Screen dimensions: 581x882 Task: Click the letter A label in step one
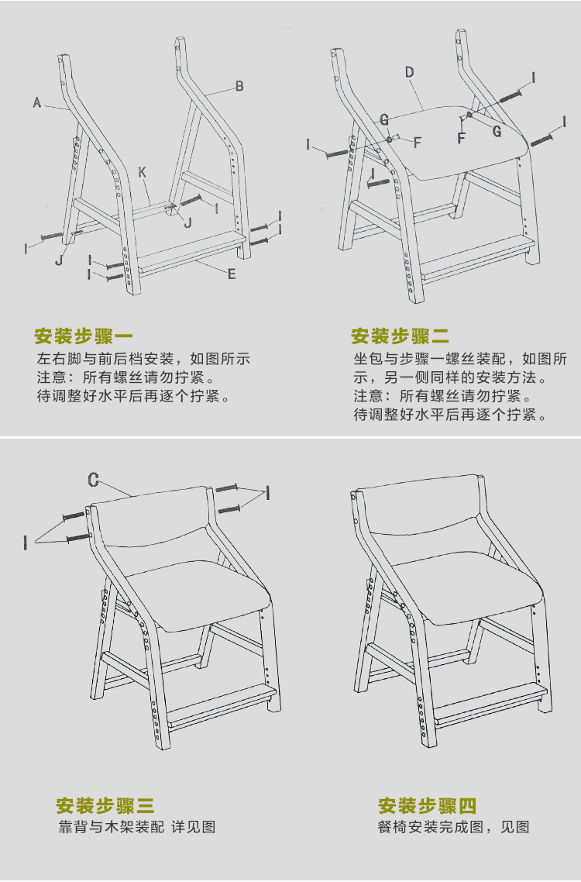(36, 102)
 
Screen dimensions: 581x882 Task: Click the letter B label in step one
(239, 86)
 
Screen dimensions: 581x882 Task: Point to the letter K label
(143, 172)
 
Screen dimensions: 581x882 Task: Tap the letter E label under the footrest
(232, 274)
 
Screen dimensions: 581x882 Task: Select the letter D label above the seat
(409, 72)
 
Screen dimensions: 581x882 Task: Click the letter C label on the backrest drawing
(93, 481)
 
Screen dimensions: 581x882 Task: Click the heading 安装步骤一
(84, 336)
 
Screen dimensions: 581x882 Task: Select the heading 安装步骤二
(400, 336)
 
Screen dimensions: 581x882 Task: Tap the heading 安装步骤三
(105, 805)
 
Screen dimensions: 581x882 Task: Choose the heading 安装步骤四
(427, 805)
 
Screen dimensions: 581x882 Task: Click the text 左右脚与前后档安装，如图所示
(143, 360)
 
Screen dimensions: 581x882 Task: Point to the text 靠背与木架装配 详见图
(137, 827)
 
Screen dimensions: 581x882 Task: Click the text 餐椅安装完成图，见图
(453, 827)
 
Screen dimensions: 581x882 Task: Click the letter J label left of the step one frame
(59, 260)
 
